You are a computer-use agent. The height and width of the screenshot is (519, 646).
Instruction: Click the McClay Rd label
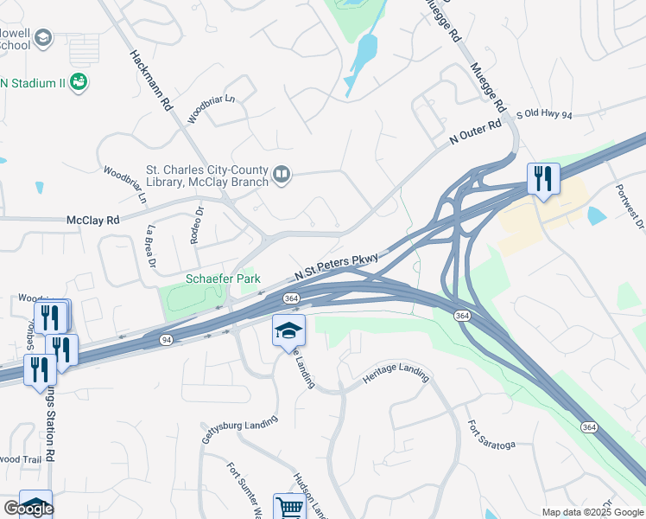tap(92, 221)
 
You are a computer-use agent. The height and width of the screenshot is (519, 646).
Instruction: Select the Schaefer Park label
tap(224, 279)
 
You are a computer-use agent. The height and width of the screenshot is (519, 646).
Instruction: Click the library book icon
tap(282, 176)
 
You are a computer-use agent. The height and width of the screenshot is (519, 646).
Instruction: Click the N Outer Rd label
tap(475, 133)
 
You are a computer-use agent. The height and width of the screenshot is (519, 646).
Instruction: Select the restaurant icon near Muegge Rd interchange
tap(543, 179)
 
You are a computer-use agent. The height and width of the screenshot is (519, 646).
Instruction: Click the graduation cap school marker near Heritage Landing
tap(289, 330)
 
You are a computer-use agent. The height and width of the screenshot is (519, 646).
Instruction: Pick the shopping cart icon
tap(289, 507)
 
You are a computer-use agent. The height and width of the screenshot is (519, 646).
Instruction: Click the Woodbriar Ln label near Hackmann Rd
tap(212, 108)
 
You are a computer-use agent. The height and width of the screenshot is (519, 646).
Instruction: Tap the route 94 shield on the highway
tap(165, 341)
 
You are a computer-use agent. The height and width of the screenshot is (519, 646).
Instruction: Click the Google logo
tap(28, 509)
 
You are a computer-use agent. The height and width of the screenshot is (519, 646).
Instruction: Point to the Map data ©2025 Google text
tap(592, 512)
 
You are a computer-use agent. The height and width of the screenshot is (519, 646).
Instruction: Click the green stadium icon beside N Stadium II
tap(79, 82)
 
